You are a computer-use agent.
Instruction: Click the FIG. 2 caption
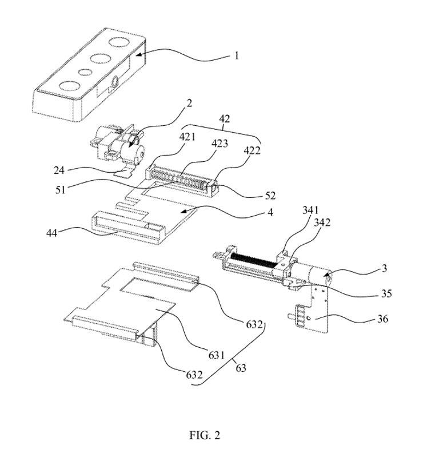point(205,435)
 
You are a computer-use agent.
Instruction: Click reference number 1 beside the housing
point(237,55)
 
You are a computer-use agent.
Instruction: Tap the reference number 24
point(59,170)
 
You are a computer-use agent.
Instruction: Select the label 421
point(187,137)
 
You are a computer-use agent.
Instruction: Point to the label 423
point(220,143)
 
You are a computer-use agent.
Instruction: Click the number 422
point(252,150)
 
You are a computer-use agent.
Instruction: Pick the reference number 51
point(61,189)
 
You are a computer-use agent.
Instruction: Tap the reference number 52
point(270,196)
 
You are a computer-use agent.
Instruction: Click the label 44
point(51,233)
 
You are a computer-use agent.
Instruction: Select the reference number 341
point(310,210)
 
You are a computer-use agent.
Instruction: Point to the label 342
point(322,222)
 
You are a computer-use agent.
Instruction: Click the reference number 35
point(386,293)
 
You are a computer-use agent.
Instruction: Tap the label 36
point(382,319)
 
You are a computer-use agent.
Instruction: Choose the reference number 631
point(217,355)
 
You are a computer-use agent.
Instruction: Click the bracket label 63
point(241,368)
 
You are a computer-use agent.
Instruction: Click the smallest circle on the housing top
point(85,72)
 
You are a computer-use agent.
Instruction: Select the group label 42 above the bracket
point(225,118)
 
